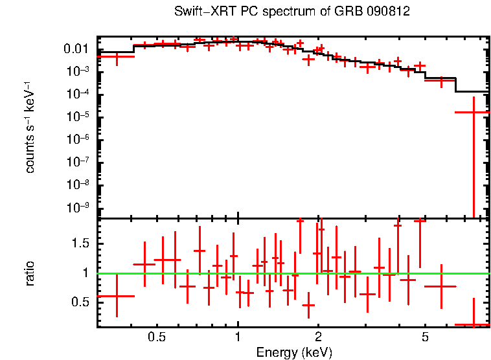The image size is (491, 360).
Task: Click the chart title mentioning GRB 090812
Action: coord(292,12)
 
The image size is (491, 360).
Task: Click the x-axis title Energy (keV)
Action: coord(294,353)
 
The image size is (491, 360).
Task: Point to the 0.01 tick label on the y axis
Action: coord(76,49)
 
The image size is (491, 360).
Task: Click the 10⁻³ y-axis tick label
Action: coord(76,72)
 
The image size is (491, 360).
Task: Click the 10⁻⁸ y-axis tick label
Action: coord(76,185)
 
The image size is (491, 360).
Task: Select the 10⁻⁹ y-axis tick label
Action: coord(76,208)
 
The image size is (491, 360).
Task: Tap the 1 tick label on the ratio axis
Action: coord(85,273)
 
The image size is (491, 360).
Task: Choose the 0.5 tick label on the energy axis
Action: coord(157,338)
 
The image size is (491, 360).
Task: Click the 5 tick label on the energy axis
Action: coord(425,338)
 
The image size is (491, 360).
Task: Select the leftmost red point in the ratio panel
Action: coord(117,296)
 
